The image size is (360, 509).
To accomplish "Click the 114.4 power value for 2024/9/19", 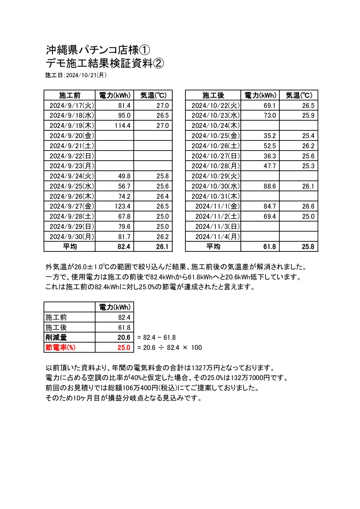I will click(x=122, y=126).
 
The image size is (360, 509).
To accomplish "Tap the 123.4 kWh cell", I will click(x=122, y=206).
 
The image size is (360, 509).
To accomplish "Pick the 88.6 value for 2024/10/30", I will click(x=269, y=186).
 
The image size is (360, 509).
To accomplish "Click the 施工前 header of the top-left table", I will click(x=70, y=95).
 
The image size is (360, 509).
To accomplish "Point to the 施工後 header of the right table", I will click(x=213, y=95).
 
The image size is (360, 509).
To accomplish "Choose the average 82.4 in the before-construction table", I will click(x=124, y=247).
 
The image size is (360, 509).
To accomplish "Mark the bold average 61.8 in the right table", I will click(x=269, y=247).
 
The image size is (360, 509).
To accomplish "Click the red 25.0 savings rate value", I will click(x=124, y=348).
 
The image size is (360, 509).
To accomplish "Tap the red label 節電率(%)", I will click(x=60, y=347).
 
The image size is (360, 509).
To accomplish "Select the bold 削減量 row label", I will click(x=56, y=337).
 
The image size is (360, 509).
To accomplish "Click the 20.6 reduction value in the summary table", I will click(x=124, y=337).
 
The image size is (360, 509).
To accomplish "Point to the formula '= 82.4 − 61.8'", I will click(x=156, y=337).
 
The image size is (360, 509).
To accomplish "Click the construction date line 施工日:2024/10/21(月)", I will click(x=76, y=75).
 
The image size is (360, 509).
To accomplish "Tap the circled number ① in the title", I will click(x=145, y=50).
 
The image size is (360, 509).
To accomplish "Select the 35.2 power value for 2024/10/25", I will click(x=269, y=136).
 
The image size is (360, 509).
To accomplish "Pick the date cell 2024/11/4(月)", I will click(x=217, y=237).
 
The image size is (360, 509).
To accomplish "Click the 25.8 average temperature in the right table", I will click(x=308, y=247).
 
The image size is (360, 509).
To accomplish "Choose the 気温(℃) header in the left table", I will click(x=153, y=95).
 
